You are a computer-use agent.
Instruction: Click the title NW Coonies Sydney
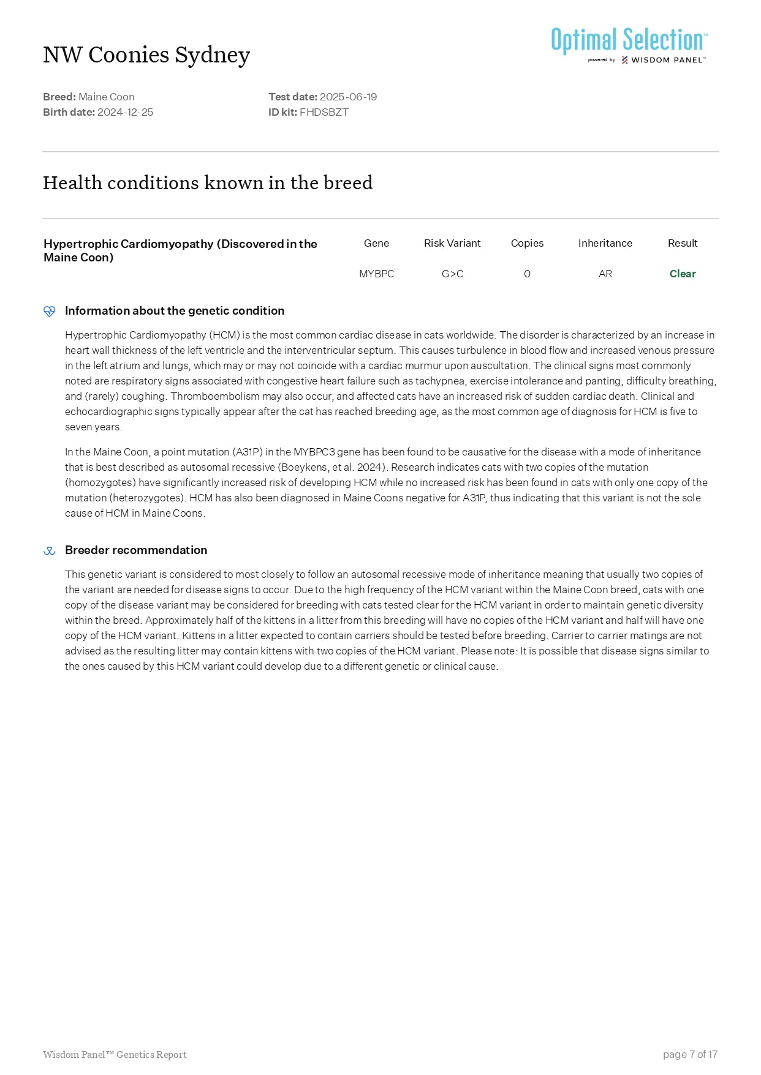(x=146, y=55)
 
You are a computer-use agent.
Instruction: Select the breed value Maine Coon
(x=107, y=97)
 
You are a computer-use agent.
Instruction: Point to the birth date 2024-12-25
(x=125, y=112)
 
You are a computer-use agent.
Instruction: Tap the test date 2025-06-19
(x=348, y=97)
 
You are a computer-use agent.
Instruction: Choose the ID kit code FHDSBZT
(x=324, y=112)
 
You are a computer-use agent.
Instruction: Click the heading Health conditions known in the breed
(x=208, y=183)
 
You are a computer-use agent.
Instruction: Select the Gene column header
(x=376, y=243)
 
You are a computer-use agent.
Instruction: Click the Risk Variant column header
(x=452, y=243)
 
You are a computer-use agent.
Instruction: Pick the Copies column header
(x=527, y=243)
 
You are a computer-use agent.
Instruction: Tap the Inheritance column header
(x=605, y=243)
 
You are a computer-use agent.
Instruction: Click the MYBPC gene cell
(x=376, y=274)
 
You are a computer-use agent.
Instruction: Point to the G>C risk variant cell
(x=452, y=274)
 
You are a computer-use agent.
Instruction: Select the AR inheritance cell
(x=605, y=274)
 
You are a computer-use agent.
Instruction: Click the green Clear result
(x=683, y=274)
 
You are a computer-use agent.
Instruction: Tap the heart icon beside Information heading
(x=50, y=312)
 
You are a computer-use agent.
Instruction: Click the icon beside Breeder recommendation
(x=50, y=551)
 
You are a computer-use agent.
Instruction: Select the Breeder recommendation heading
(x=136, y=550)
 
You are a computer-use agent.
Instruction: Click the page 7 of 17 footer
(x=690, y=1054)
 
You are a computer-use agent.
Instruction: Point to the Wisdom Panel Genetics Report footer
(x=115, y=1054)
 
